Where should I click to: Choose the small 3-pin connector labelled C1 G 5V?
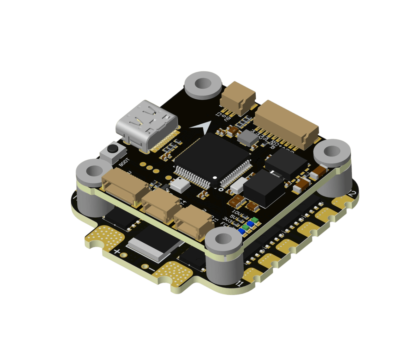[x=238, y=97]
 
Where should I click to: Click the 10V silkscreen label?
[x=236, y=212]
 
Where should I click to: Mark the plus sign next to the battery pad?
[x=117, y=251]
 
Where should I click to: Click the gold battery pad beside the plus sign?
[x=106, y=238]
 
